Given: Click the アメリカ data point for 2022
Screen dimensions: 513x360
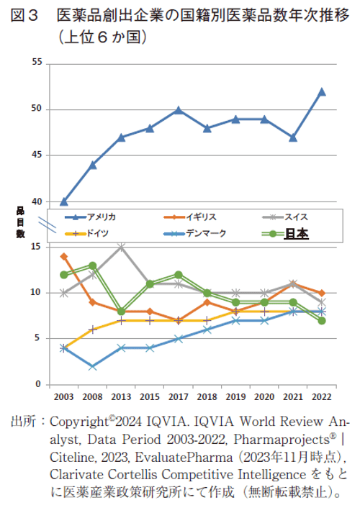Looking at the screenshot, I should coord(322,91).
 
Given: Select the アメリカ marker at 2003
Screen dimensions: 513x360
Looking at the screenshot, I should coord(64,201).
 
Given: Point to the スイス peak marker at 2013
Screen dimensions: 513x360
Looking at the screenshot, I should coord(121,247).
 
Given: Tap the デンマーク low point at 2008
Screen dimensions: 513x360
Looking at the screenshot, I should coord(92,366).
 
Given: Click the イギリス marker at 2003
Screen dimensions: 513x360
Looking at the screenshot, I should coord(64,256).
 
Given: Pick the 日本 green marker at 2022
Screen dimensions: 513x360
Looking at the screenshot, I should coord(322,320).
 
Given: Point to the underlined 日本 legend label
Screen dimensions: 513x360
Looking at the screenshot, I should coord(297,232).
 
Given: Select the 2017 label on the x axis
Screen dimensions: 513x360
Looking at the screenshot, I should coord(178,396).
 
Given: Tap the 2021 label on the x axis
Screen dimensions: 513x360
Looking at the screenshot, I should coord(293,396).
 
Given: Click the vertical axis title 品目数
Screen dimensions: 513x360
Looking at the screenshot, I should coord(21,222).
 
